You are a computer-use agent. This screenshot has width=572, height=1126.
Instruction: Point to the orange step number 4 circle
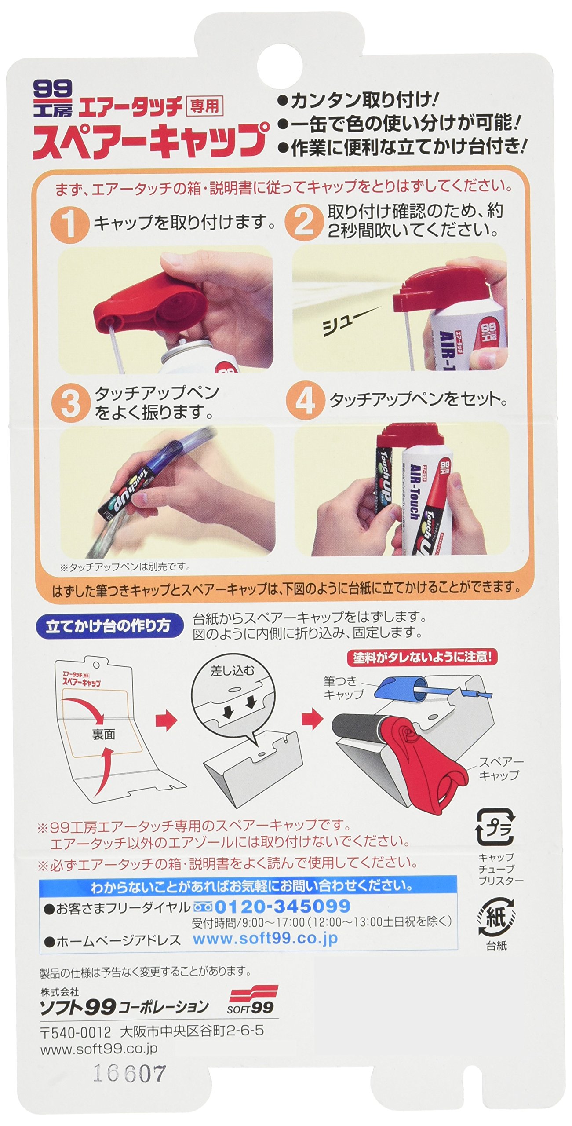coord(304,401)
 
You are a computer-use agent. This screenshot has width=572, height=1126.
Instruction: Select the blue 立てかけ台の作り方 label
coord(109,626)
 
